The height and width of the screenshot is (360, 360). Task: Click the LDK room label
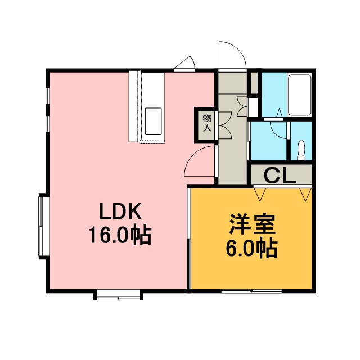120,211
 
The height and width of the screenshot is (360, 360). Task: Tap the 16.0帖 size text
120,235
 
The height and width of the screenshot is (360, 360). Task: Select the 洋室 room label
253,224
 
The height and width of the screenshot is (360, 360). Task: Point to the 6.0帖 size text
252,249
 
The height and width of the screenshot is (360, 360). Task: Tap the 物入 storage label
207,123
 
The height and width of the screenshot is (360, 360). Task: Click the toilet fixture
301,150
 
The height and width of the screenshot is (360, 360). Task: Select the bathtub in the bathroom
299,95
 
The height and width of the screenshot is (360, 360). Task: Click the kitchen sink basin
153,121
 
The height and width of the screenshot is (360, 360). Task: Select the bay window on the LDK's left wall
43,226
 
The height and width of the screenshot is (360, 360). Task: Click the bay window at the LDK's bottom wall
118,295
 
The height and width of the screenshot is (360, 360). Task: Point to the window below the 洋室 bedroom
251,291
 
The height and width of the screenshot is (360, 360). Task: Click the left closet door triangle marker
260,195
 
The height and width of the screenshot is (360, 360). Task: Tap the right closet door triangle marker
305,195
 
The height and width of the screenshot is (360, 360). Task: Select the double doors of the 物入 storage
225,125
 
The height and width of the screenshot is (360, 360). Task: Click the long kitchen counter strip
133,106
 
